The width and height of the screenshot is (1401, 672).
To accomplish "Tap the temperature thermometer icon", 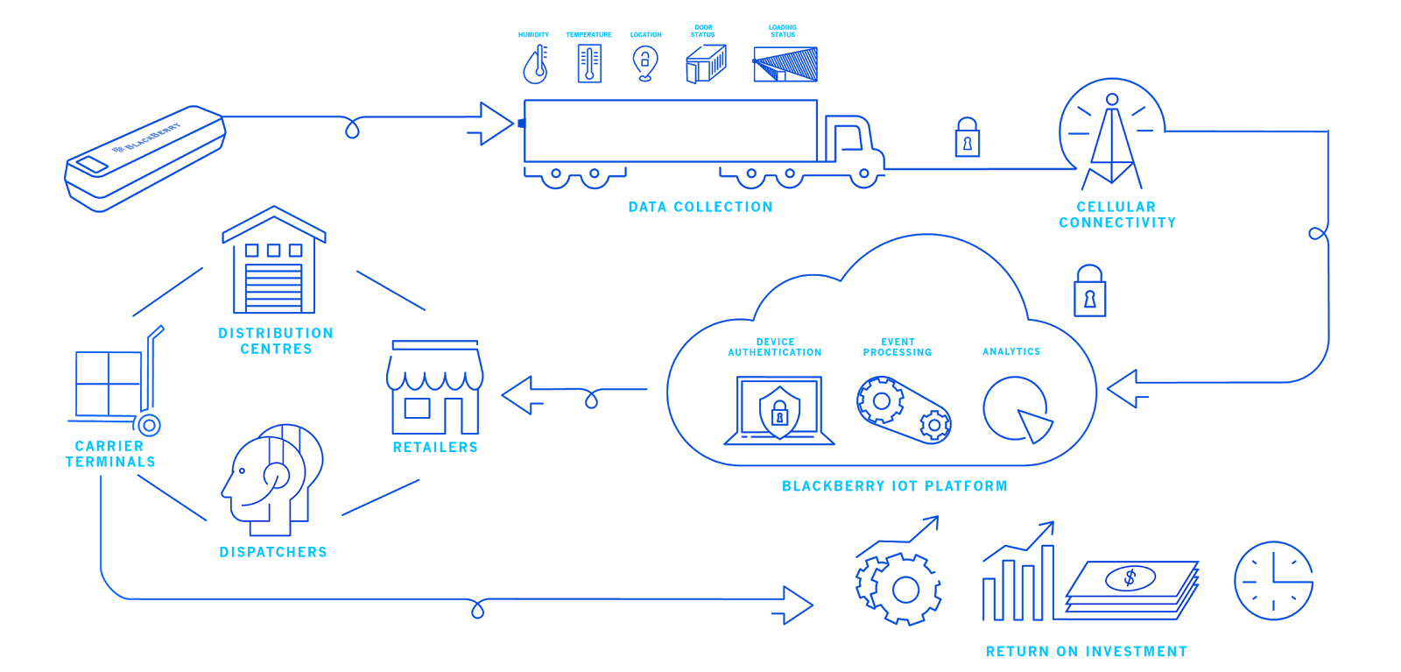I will click(589, 64).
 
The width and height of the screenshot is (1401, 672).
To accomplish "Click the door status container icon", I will click(706, 64).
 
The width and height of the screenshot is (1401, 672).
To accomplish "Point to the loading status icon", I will click(785, 64).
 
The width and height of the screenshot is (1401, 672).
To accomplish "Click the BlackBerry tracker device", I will click(145, 159).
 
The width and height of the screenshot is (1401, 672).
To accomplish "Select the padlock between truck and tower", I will click(967, 138).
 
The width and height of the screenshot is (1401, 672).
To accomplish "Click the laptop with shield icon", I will click(778, 411).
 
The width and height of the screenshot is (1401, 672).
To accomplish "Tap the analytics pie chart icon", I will click(1017, 410).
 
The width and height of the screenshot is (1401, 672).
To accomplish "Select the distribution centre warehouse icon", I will click(274, 262).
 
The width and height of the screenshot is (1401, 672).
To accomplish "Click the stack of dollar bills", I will click(1131, 590).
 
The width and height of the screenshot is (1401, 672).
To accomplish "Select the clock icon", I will click(1273, 581).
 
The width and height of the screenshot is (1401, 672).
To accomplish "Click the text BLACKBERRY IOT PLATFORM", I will click(894, 486).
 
